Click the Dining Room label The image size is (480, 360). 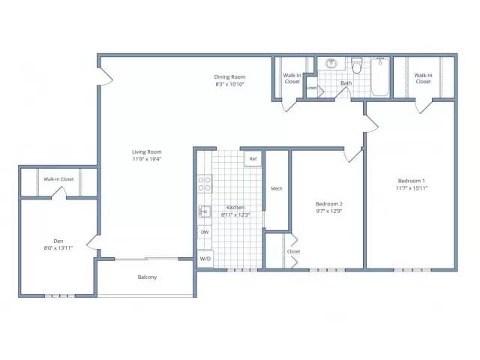[229, 76]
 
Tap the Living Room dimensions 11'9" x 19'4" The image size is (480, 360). [147, 159]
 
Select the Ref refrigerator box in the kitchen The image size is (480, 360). [253, 159]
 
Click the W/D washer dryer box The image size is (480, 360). [205, 259]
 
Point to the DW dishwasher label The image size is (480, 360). [205, 232]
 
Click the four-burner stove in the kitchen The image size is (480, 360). [204, 184]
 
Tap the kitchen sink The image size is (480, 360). [205, 211]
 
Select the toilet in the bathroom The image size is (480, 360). [356, 65]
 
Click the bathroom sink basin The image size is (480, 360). [331, 63]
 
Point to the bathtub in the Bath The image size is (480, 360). [380, 76]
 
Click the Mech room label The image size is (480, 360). [277, 188]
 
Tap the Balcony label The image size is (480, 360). [147, 277]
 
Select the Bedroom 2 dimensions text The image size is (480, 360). [328, 211]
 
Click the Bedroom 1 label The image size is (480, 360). [411, 181]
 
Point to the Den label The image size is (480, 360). [58, 241]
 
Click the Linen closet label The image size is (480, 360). [312, 88]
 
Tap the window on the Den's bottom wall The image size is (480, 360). [60, 295]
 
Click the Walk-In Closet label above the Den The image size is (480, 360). [58, 179]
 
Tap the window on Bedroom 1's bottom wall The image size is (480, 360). [412, 270]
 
